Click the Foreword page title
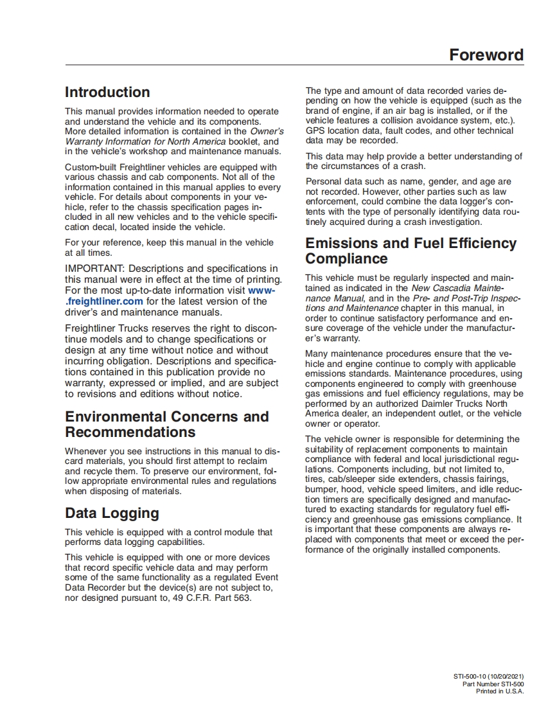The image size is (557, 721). click(x=486, y=55)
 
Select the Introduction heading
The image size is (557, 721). click(x=107, y=92)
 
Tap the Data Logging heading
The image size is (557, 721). click(x=112, y=513)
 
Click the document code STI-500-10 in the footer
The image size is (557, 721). click(x=470, y=677)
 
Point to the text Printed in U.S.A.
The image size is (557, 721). click(x=499, y=691)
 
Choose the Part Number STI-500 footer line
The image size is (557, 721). click(x=493, y=684)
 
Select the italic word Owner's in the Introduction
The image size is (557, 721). click(x=267, y=131)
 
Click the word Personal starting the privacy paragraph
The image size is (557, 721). click(x=323, y=182)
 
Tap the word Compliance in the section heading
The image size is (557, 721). click(x=346, y=258)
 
